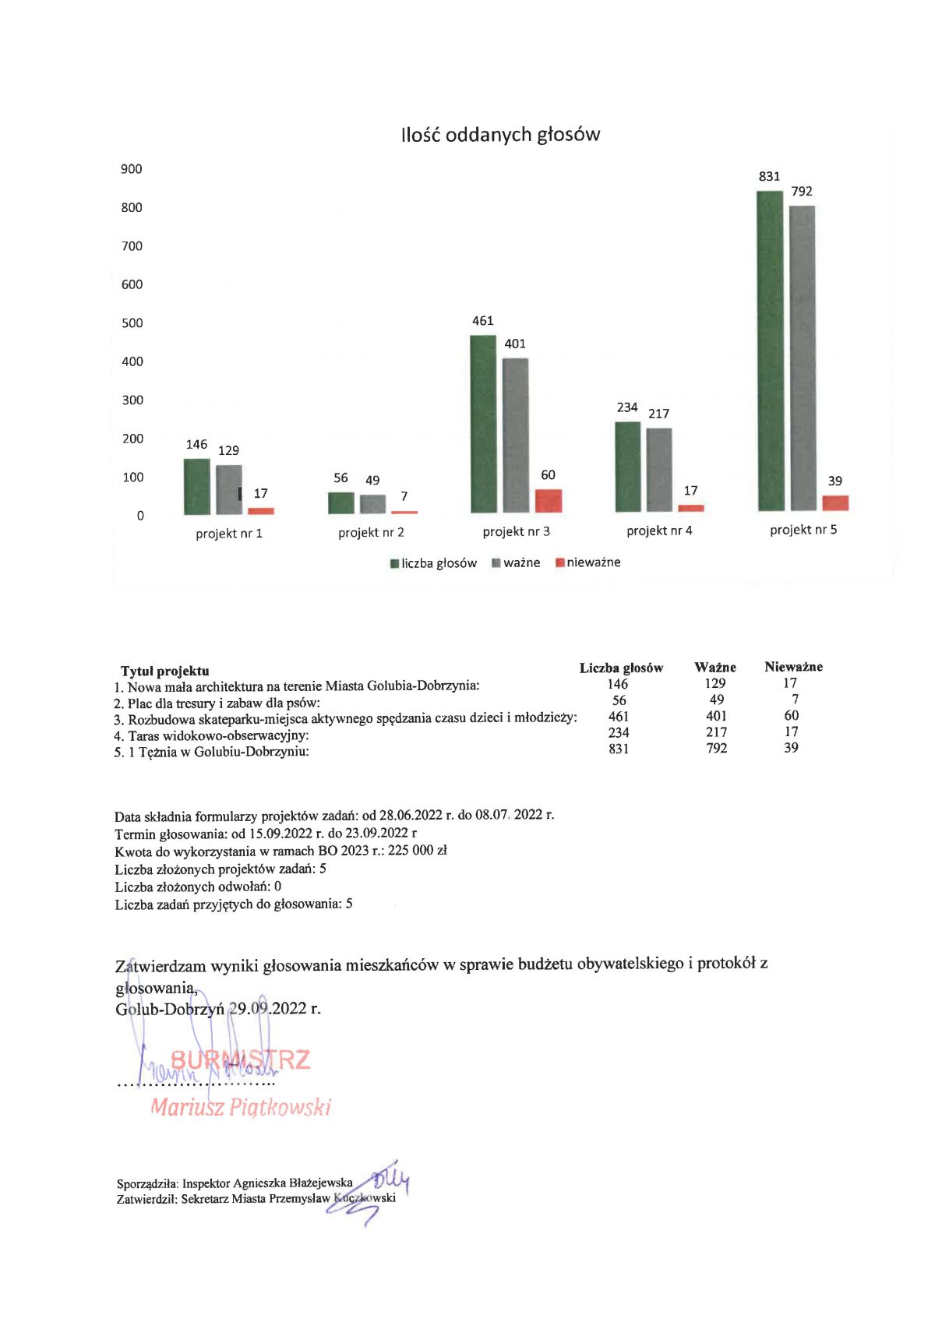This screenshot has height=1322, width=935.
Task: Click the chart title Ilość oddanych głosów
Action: [x=500, y=135]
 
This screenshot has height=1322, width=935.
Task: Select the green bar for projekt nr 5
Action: [x=770, y=351]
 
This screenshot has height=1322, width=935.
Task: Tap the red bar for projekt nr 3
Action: [x=549, y=501]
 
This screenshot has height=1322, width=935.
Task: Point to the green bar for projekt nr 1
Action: [x=196, y=487]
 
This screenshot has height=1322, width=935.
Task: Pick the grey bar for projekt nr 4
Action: [x=659, y=470]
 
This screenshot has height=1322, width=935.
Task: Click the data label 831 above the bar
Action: [x=769, y=177]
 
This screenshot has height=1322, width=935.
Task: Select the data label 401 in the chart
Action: [x=515, y=344]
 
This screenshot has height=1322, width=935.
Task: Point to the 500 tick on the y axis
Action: [x=132, y=323]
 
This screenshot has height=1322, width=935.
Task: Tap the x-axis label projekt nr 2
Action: [x=371, y=533]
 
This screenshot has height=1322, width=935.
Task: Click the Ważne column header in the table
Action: [x=715, y=668]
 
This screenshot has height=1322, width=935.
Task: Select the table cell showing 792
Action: [x=716, y=749]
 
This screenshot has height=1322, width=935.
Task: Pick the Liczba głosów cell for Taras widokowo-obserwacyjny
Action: [x=619, y=732]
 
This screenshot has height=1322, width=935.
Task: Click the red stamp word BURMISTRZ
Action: [x=240, y=1059]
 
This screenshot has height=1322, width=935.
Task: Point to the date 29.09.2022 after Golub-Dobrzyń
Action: [x=266, y=1009]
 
